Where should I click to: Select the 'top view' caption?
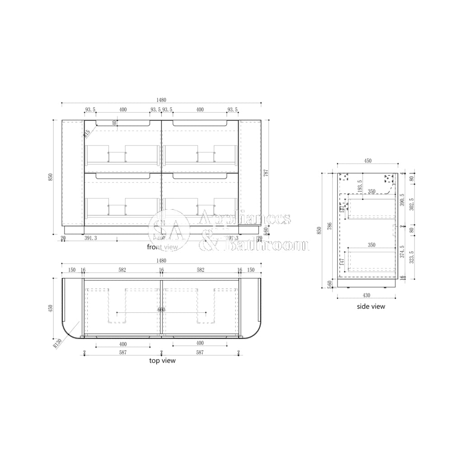(x=162, y=361)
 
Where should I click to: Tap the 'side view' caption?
(x=371, y=306)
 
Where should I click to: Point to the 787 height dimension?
(x=266, y=173)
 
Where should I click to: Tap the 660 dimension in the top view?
(x=161, y=310)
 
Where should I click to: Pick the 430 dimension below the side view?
(x=367, y=295)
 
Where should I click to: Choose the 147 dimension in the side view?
(x=342, y=261)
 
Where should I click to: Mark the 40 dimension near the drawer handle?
(x=114, y=122)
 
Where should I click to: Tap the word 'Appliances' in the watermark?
(x=245, y=219)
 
